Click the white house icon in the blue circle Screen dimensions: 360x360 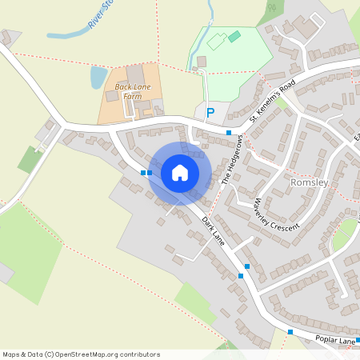[x=179, y=172]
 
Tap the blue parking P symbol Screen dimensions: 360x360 [x=210, y=113]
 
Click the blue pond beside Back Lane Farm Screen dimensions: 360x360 [x=98, y=77]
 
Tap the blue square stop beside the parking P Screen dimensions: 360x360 [x=229, y=132]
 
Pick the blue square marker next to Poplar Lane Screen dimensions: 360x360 [x=290, y=331]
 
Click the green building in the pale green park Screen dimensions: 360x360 [x=234, y=36]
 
